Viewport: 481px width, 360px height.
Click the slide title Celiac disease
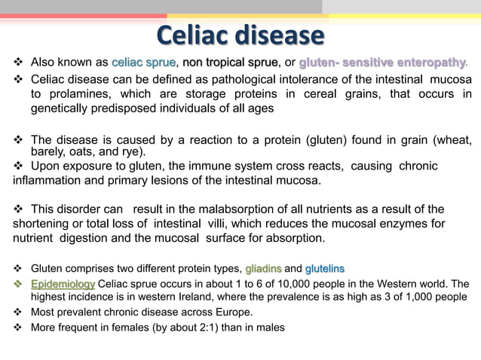[240, 35]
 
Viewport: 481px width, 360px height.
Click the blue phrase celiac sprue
[143, 62]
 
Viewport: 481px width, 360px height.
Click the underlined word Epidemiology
[63, 283]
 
